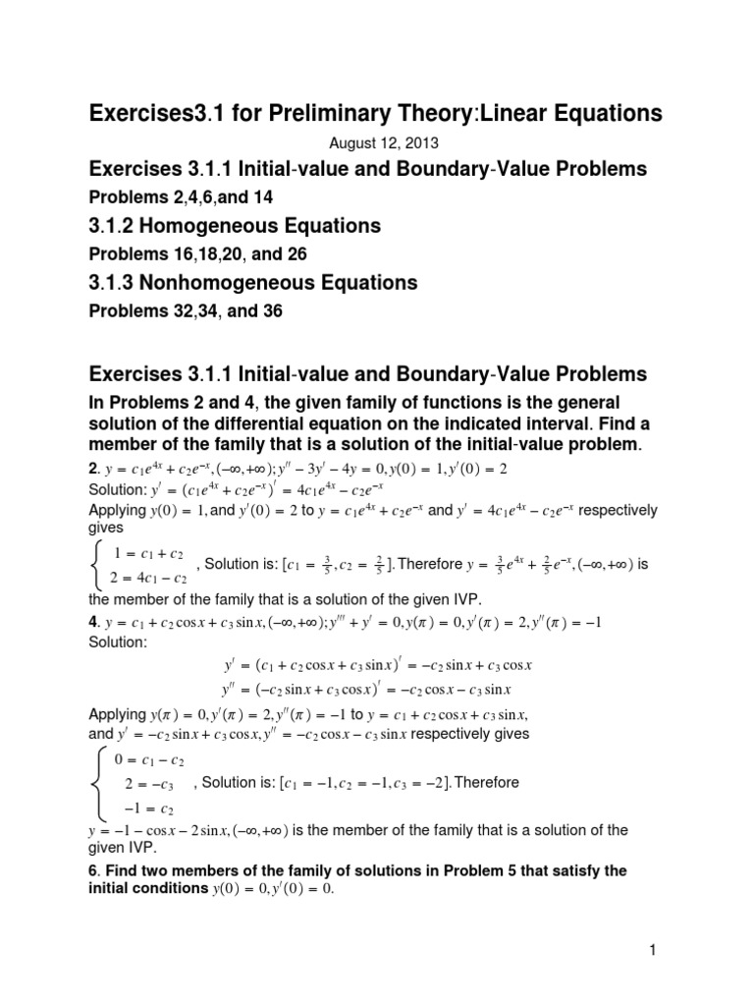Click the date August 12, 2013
[376, 143]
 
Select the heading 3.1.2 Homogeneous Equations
[235, 227]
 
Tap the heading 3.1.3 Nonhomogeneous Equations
[253, 283]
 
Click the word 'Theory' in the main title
[431, 115]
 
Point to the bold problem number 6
[93, 871]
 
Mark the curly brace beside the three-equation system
[98, 783]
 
